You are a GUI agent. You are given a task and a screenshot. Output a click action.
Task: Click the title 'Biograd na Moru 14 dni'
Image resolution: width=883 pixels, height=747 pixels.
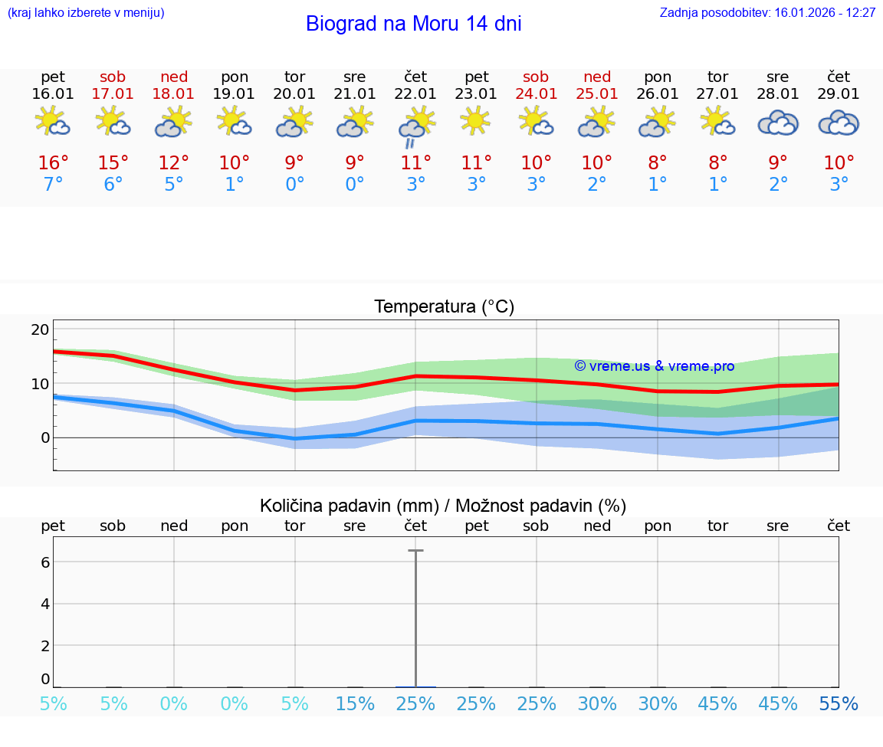click(413, 24)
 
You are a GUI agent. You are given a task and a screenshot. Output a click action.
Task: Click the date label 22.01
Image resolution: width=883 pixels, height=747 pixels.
click(415, 94)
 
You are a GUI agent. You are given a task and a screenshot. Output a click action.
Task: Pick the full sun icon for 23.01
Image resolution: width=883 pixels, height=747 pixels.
click(476, 121)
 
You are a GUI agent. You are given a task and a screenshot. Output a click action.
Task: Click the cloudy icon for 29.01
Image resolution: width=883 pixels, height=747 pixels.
click(839, 123)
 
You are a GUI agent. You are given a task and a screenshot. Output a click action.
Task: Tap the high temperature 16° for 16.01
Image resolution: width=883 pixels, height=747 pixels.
click(53, 163)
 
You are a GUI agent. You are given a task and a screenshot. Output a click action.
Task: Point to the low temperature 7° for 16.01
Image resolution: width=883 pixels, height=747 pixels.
click(53, 185)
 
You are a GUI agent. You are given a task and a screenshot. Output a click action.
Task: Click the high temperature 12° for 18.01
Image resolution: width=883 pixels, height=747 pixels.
click(174, 163)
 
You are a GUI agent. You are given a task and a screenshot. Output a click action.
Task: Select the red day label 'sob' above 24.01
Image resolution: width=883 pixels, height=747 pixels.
click(536, 77)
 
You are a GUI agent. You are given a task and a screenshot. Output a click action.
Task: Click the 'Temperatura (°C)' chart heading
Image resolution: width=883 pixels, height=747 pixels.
click(444, 307)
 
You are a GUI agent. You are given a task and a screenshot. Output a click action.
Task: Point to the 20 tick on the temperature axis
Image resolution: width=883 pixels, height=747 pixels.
click(40, 329)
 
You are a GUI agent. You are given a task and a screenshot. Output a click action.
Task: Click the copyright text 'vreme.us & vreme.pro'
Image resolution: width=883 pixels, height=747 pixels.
click(655, 366)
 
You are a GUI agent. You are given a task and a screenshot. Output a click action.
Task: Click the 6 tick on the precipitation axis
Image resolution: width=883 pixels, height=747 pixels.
click(45, 562)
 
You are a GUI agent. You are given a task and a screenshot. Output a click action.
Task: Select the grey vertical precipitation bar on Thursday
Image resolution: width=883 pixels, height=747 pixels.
click(415, 618)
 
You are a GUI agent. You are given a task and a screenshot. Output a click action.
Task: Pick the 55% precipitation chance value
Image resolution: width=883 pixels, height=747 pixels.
click(839, 704)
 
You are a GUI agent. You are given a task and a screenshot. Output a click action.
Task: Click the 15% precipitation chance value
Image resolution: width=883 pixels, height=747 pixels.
click(355, 704)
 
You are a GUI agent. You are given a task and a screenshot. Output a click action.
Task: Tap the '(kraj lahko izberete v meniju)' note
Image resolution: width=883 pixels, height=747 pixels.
click(86, 13)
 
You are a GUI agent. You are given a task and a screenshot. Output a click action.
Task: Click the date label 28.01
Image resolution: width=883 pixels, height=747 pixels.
click(778, 94)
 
